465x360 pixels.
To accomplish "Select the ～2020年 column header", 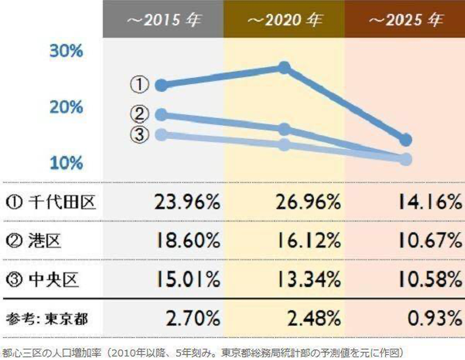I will (284, 21).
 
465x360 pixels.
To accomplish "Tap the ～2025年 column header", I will (405, 21).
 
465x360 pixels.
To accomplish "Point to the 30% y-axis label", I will (66, 52).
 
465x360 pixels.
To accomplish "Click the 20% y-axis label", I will (66, 107).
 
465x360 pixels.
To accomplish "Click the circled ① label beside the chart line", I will (140, 85).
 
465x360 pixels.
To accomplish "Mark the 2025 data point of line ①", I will (406, 139).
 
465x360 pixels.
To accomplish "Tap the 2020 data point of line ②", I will (284, 129).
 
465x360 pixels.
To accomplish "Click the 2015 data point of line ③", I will (161, 135).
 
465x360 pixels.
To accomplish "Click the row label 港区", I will (39, 241).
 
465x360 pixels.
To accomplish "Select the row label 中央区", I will (45, 279).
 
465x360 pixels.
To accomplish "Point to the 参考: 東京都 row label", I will (48, 318).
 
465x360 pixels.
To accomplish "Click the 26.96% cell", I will (308, 203).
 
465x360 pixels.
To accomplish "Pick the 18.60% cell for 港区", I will (187, 241).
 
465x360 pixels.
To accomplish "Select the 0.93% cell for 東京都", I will (433, 318).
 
